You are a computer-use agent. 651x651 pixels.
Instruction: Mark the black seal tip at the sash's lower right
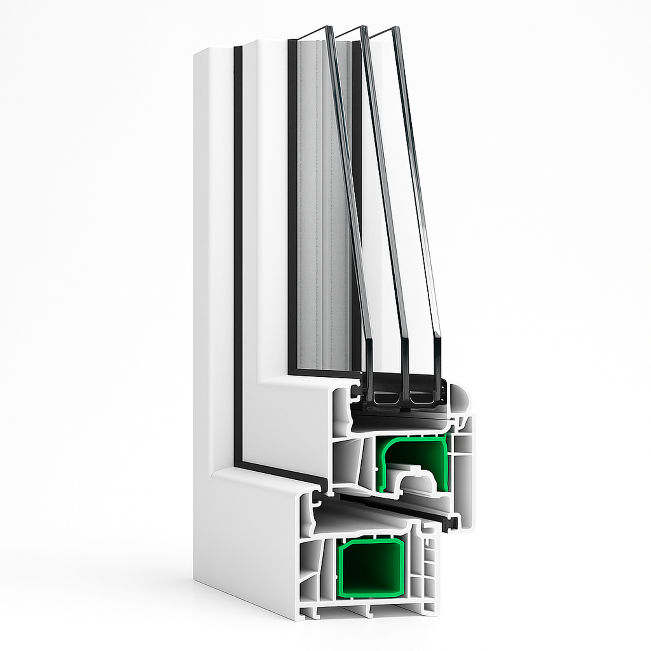tap(452, 522)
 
